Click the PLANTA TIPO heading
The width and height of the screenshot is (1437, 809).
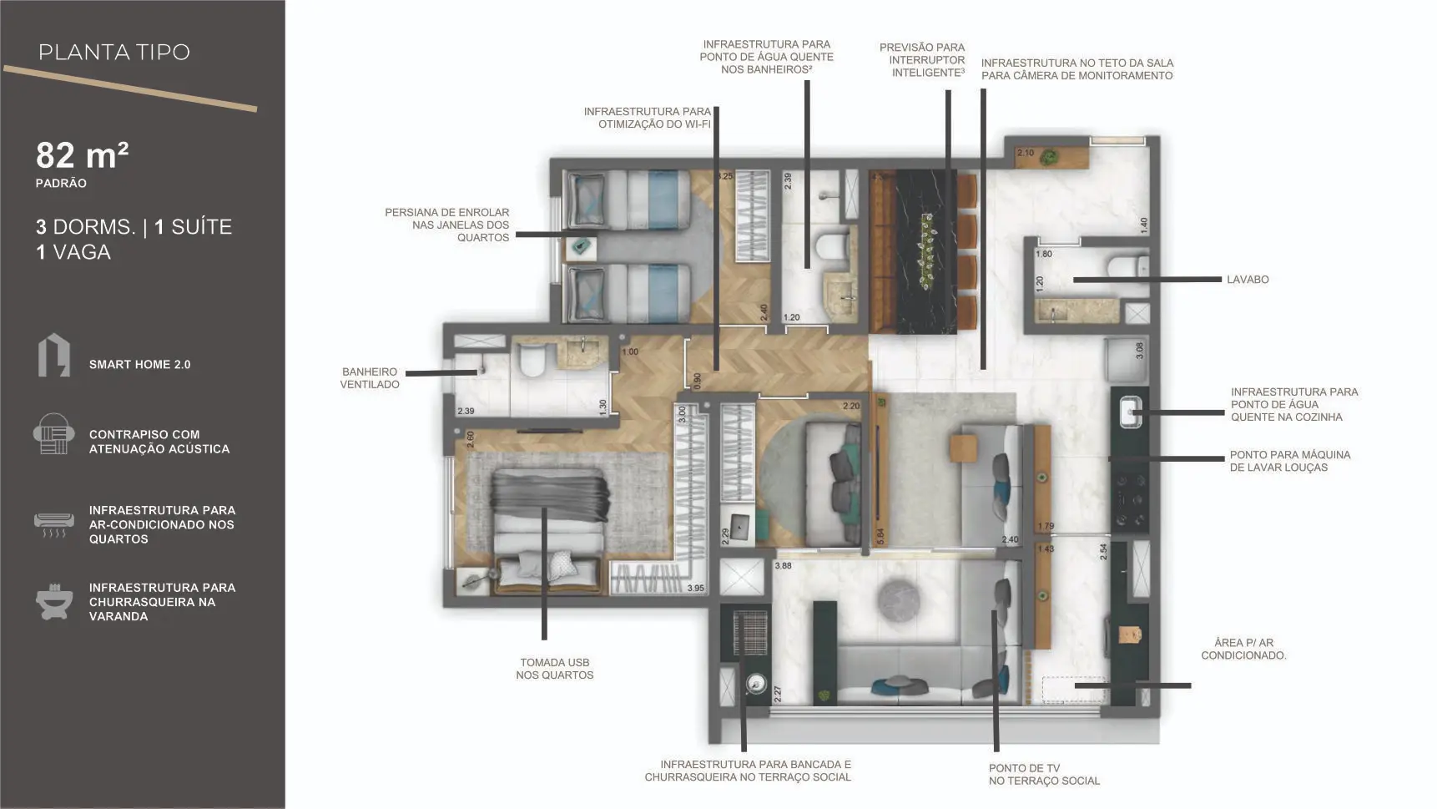(x=114, y=52)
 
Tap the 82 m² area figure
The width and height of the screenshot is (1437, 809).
(x=82, y=155)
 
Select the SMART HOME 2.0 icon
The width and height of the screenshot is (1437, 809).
(x=54, y=356)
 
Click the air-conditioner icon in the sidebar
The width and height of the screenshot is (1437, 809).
(x=53, y=524)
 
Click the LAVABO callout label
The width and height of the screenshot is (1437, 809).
(x=1248, y=280)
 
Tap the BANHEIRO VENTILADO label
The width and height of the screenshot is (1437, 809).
(x=370, y=378)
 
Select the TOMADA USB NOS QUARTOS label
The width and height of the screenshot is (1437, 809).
(x=555, y=669)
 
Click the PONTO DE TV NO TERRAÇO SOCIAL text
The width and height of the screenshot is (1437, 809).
(x=1044, y=775)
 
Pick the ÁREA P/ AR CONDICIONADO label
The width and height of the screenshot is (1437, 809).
(x=1243, y=649)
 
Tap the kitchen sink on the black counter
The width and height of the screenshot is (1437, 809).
(x=1130, y=411)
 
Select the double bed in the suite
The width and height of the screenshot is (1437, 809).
(x=547, y=532)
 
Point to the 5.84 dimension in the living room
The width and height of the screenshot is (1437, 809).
(x=880, y=536)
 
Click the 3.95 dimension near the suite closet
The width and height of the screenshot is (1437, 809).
(x=695, y=588)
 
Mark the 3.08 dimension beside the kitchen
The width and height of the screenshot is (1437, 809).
(x=1140, y=351)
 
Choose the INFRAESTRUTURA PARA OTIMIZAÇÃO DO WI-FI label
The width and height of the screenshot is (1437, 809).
(x=648, y=118)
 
